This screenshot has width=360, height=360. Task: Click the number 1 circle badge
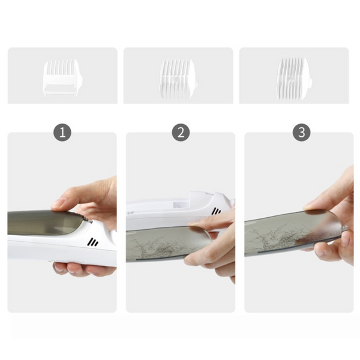tap(62, 133)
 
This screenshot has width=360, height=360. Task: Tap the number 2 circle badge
tap(181, 133)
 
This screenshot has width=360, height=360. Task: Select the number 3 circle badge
tap(301, 133)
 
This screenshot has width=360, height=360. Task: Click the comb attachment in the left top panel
tap(62, 77)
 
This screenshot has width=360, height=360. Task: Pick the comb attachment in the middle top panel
tap(179, 79)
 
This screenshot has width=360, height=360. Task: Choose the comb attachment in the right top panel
tap(295, 79)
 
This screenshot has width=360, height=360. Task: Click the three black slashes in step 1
tap(93, 242)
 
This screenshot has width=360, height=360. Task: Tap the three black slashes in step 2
tap(216, 211)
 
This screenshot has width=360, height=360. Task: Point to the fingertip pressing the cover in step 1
tap(58, 204)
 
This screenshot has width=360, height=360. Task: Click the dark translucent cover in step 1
tap(44, 222)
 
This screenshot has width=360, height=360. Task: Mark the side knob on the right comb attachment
tap(311, 82)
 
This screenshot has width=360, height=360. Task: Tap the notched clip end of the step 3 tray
tap(344, 228)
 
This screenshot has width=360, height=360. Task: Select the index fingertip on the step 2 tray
tap(195, 224)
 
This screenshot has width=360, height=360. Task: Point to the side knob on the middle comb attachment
tap(197, 80)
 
